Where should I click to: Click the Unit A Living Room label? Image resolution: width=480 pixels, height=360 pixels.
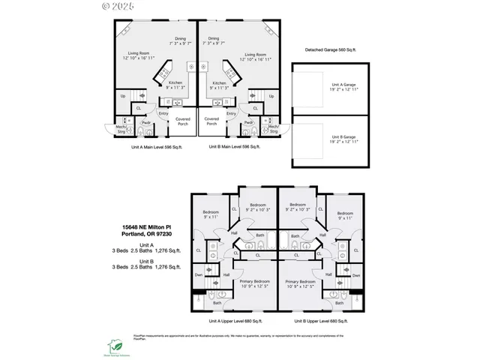click(137, 54)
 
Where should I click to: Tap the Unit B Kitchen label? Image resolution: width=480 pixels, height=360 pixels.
click(219, 83)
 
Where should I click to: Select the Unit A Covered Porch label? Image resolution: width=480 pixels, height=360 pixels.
click(182, 121)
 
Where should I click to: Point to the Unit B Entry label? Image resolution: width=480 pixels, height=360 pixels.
click(231, 113)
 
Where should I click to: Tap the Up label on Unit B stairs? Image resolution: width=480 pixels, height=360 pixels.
click(271, 96)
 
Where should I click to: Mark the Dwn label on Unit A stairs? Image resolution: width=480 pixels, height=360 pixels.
click(198, 275)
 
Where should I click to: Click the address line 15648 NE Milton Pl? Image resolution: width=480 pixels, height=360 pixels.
click(147, 226)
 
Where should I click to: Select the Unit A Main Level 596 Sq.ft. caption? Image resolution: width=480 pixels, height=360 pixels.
click(156, 148)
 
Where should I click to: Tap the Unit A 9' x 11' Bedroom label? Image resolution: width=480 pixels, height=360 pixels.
click(209, 214)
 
